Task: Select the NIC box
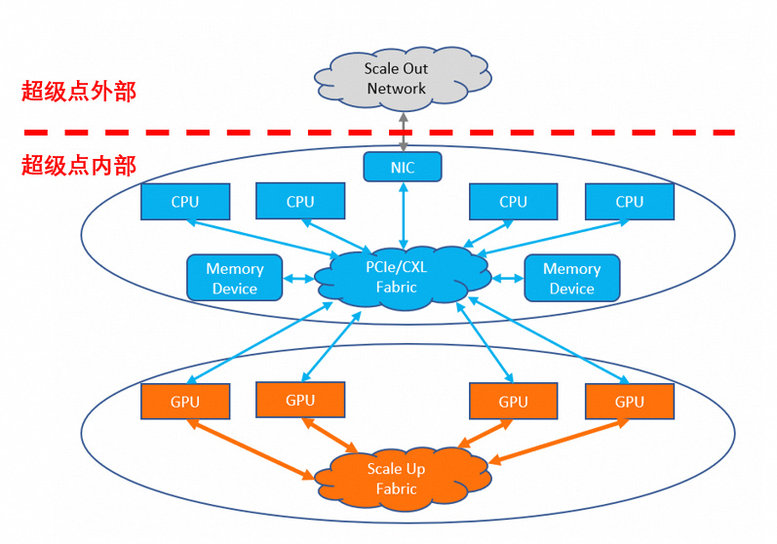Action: point(403,167)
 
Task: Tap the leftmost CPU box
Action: point(184,202)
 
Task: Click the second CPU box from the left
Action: point(300,201)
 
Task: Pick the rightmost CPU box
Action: point(630,202)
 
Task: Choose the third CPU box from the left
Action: point(513,202)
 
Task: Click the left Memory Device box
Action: point(234,278)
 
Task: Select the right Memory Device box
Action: point(571,278)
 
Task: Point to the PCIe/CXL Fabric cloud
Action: point(402,278)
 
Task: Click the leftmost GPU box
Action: point(184,401)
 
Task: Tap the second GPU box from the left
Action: point(300,400)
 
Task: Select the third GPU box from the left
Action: point(513,401)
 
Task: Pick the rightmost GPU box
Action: point(630,401)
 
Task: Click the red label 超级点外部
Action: point(79,93)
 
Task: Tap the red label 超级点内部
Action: point(79,165)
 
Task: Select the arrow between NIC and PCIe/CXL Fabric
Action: point(403,215)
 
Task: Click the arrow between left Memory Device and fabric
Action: point(299,279)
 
